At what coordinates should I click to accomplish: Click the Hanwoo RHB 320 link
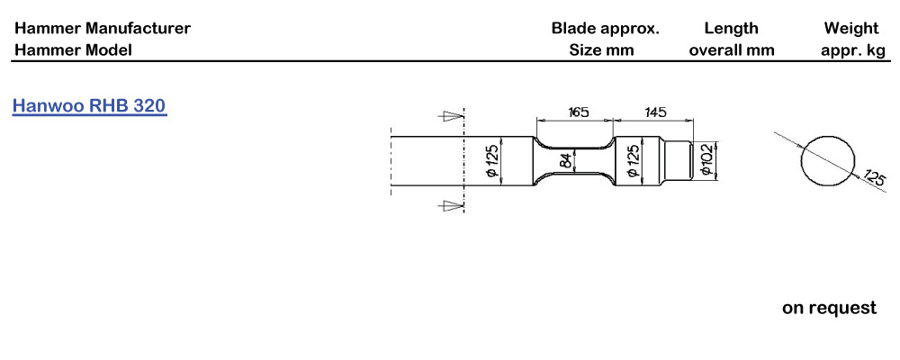point(89,107)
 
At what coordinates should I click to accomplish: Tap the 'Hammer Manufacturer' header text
point(103,28)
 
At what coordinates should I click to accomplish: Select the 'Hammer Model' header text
point(73,50)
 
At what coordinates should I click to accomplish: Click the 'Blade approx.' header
point(606,29)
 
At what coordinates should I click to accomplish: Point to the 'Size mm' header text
point(601,50)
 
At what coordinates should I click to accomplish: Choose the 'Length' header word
point(731,29)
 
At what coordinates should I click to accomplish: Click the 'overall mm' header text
point(732,50)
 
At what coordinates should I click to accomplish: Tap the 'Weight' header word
point(851,29)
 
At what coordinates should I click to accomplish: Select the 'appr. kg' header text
point(853,51)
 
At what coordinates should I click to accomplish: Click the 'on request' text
point(830,308)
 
